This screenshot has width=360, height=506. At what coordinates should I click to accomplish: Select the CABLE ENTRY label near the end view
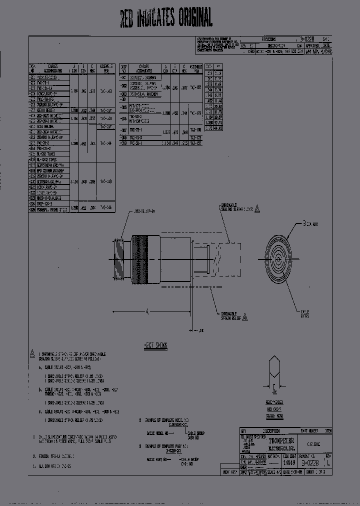tap(304, 312)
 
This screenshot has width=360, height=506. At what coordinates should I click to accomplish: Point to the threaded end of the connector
tap(120, 259)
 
